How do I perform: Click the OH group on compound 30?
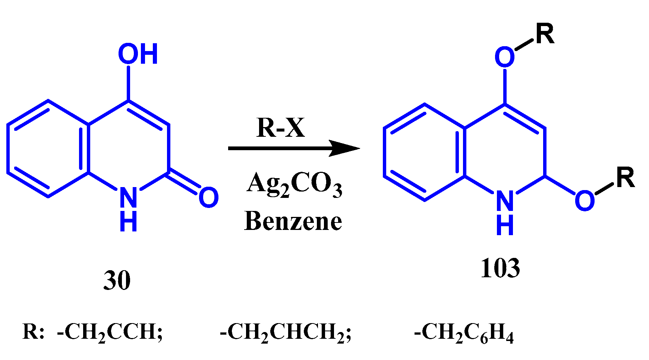pyautogui.click(x=138, y=54)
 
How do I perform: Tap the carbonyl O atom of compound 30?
pyautogui.click(x=208, y=198)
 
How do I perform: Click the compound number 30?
pyautogui.click(x=117, y=281)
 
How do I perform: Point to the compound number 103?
pyautogui.click(x=500, y=268)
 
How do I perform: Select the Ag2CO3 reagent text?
pyautogui.click(x=294, y=184)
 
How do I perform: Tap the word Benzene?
pyautogui.click(x=293, y=221)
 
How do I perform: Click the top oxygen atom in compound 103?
pyautogui.click(x=504, y=57)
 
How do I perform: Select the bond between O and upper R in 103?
pyautogui.click(x=525, y=45)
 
